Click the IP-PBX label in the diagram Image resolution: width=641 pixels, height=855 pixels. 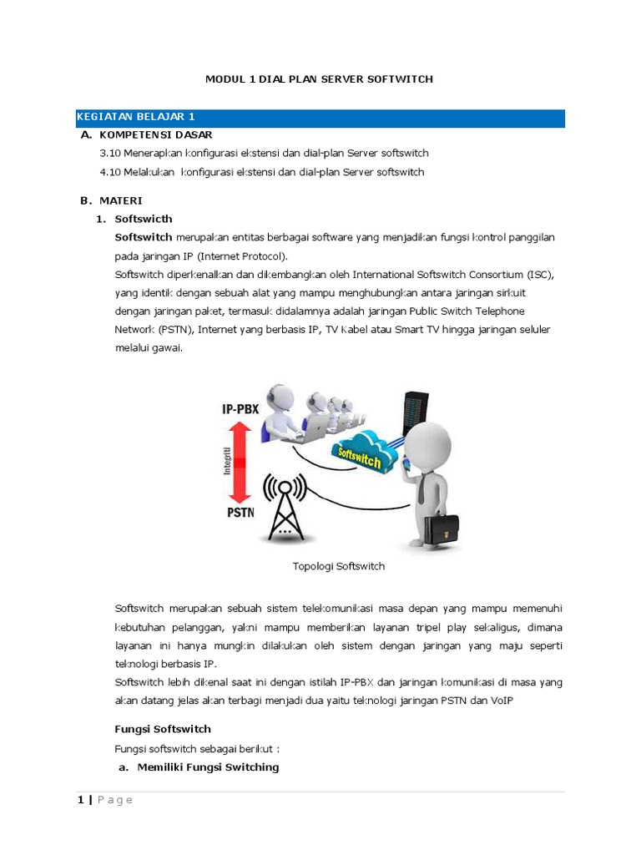tap(240, 409)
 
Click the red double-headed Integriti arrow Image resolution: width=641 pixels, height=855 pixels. tap(240, 458)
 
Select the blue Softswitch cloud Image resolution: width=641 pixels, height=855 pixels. tap(361, 453)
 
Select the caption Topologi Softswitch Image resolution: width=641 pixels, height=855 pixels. tap(338, 566)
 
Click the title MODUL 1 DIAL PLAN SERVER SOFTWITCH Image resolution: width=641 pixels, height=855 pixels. tap(320, 79)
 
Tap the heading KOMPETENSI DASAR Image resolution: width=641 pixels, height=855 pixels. tap(155, 134)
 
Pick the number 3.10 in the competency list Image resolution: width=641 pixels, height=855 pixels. tap(110, 154)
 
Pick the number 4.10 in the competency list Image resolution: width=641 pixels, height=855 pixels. tap(110, 172)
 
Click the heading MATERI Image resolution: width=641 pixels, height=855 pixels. tap(121, 200)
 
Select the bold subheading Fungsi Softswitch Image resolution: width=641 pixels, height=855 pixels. tap(163, 729)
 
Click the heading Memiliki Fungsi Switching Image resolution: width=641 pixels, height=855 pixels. tap(208, 766)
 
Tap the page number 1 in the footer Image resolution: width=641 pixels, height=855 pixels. tap(80, 800)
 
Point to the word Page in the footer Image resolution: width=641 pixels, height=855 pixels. tap(114, 800)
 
